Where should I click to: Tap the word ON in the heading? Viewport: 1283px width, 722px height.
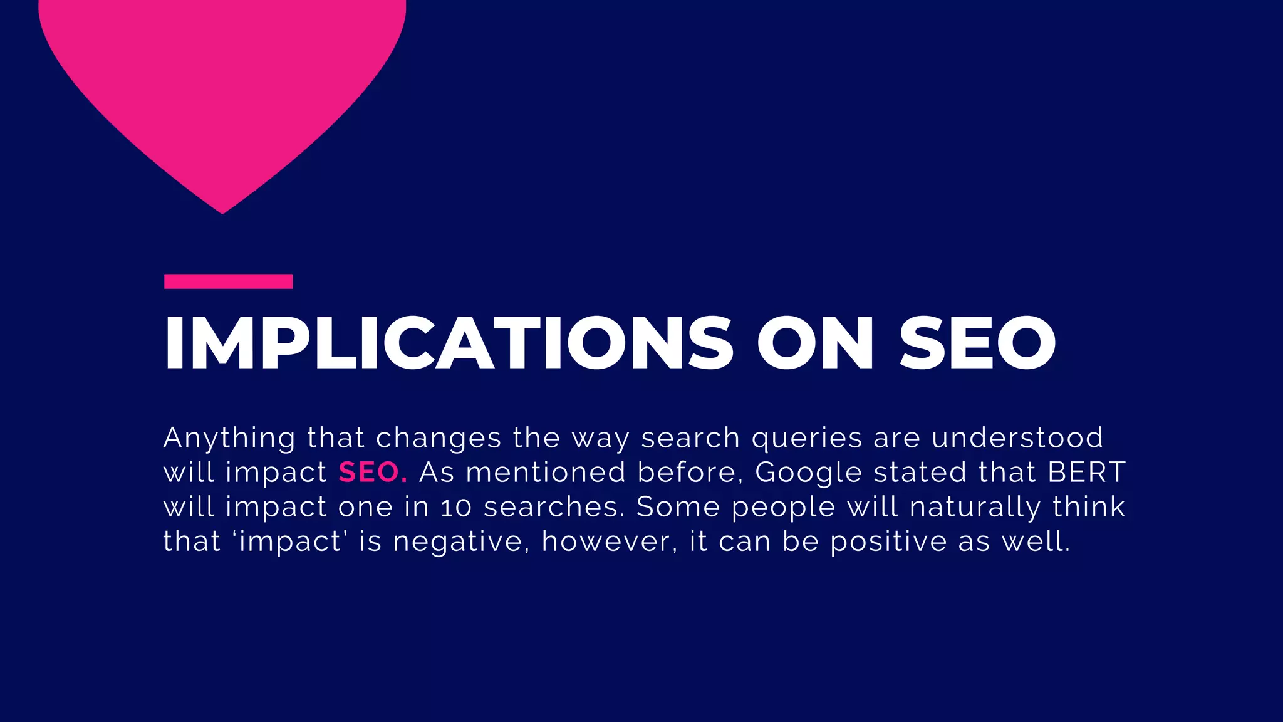point(815,343)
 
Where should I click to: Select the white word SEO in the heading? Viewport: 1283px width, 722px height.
point(978,343)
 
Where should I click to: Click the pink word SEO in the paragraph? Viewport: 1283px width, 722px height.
point(372,473)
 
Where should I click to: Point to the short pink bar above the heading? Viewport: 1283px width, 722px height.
point(228,281)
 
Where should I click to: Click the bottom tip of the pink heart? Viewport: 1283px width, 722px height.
point(222,211)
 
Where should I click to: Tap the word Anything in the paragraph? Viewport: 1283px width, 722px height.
point(229,438)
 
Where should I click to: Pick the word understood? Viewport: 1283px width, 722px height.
point(1017,437)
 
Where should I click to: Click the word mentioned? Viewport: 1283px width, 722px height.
point(546,473)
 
